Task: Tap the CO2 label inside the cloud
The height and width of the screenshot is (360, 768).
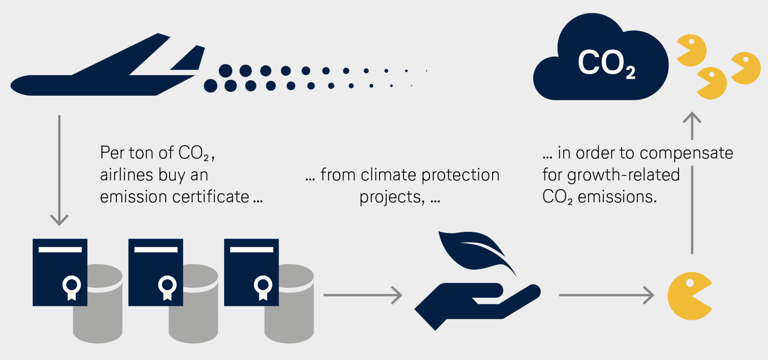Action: [606, 63]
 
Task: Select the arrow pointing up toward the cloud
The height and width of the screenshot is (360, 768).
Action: [692, 183]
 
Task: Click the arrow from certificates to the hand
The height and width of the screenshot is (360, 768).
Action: [363, 295]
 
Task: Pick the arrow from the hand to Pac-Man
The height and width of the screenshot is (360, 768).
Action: [606, 295]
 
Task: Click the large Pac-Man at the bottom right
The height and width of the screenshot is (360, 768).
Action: [687, 296]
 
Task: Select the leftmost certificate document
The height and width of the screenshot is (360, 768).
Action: [60, 272]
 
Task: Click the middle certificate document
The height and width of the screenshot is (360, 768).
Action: [156, 272]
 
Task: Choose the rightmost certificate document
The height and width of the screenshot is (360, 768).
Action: [251, 272]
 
